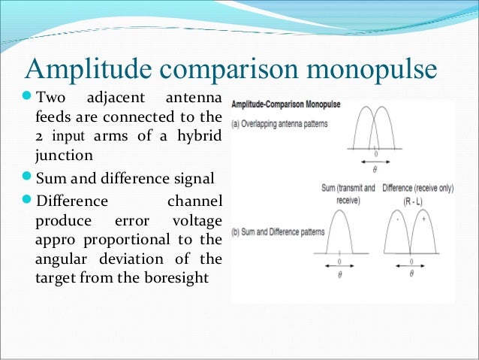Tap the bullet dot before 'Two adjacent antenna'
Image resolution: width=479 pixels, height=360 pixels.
tap(28, 98)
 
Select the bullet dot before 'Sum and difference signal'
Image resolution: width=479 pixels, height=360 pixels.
tap(28, 178)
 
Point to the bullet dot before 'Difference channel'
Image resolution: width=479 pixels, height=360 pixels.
tap(28, 199)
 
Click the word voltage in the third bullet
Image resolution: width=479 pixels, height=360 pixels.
tap(197, 220)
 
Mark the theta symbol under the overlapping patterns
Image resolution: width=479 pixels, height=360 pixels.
tap(375, 171)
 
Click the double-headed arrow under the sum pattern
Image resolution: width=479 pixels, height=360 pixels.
tap(338, 265)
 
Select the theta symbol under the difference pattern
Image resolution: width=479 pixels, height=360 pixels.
tap(411, 274)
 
